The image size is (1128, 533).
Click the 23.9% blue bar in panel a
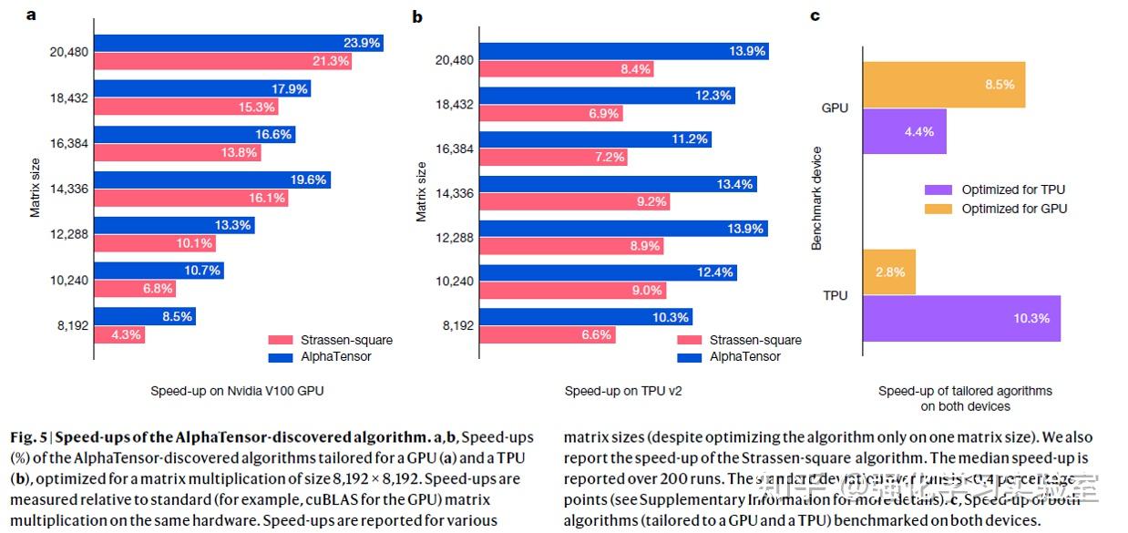(239, 43)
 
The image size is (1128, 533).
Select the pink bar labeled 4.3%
(119, 334)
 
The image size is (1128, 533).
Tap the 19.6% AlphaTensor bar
(212, 179)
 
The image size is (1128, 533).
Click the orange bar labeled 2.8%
(888, 272)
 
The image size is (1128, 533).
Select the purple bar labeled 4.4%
(904, 131)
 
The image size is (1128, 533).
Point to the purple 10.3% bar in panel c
(961, 318)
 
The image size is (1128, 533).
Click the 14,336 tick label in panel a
(69, 189)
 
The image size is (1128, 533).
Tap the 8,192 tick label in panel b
(458, 325)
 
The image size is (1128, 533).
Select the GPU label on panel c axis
(835, 108)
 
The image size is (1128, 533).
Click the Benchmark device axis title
(816, 199)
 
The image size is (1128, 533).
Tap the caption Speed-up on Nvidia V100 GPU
(237, 391)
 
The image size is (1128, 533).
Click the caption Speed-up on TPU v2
(623, 391)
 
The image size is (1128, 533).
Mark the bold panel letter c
(815, 15)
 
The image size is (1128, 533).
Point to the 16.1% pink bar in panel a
(191, 198)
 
